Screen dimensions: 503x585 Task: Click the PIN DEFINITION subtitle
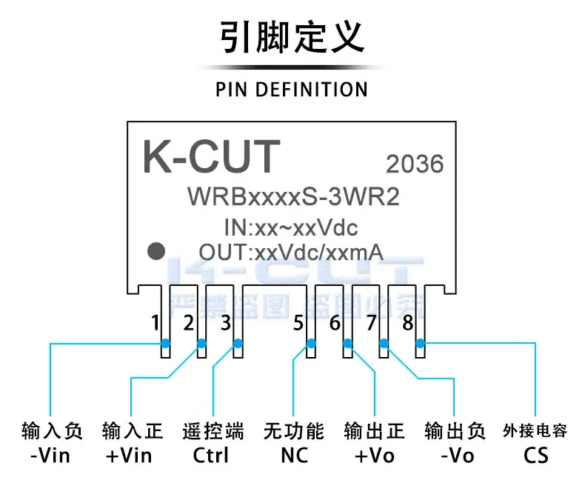click(x=292, y=90)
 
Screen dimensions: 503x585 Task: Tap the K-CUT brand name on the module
click(x=211, y=156)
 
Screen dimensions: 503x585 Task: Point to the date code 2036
click(x=414, y=164)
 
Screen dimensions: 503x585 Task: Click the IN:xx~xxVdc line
click(x=290, y=226)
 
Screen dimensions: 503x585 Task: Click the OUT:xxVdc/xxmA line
click(x=290, y=252)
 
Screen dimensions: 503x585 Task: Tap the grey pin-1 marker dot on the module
click(x=156, y=251)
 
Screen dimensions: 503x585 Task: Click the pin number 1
click(x=155, y=323)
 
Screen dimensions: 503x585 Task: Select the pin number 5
click(x=298, y=323)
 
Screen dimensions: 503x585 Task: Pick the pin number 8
click(x=407, y=323)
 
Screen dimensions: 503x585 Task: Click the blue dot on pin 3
click(x=238, y=343)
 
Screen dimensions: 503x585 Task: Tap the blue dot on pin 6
click(x=347, y=343)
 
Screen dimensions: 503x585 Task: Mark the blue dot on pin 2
click(x=201, y=343)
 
